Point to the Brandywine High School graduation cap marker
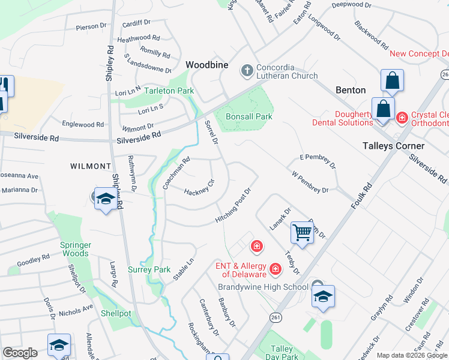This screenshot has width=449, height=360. [323, 296]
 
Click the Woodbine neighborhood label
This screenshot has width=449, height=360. [207, 64]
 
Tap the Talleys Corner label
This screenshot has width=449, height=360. [393, 146]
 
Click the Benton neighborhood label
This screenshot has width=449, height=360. [351, 90]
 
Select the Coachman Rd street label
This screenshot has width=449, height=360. [176, 173]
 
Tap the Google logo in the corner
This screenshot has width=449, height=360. [20, 353]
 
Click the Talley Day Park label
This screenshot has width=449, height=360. [281, 353]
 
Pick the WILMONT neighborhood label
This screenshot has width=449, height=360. [91, 166]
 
